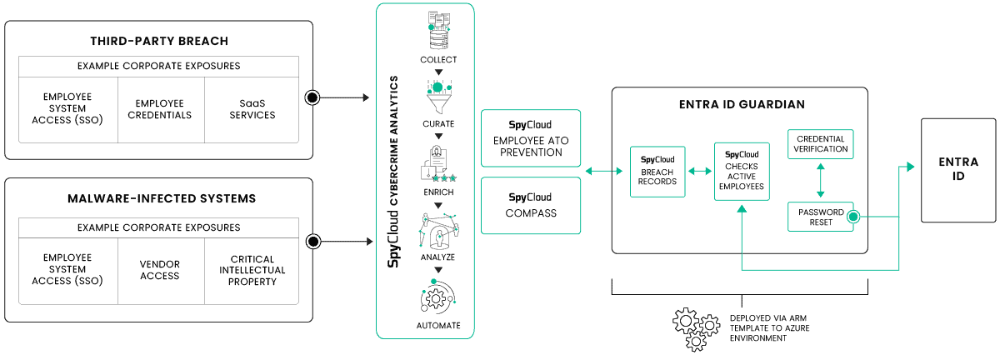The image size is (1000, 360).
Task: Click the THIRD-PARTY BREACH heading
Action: click(158, 41)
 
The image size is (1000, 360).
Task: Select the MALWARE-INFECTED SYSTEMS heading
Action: click(158, 199)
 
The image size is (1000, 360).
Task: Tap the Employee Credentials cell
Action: click(160, 108)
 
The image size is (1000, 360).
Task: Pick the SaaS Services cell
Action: click(251, 108)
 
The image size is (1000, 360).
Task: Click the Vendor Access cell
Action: click(160, 270)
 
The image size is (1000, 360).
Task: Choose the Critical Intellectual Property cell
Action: click(252, 270)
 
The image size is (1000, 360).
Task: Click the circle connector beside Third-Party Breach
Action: click(312, 97)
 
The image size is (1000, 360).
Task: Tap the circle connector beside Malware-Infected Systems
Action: click(313, 242)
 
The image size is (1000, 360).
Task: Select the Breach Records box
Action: click(657, 171)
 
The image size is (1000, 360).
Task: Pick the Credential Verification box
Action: click(821, 144)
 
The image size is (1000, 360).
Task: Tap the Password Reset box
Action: click(821, 217)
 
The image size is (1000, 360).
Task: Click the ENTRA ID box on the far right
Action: click(952, 170)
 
